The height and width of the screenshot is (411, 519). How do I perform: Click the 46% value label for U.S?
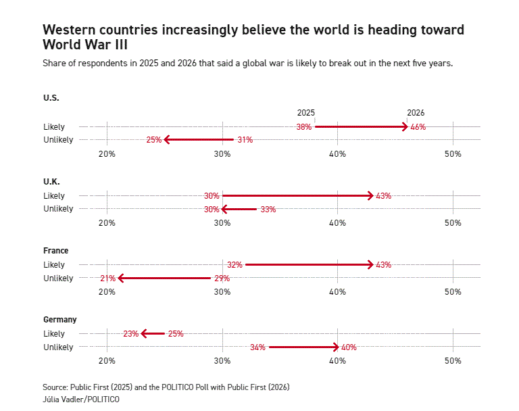click(418, 127)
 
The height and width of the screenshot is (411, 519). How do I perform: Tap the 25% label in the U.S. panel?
click(153, 140)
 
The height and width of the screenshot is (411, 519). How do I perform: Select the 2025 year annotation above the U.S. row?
click(306, 113)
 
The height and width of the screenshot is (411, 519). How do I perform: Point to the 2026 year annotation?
click(416, 113)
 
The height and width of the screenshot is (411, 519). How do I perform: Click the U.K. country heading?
click(51, 182)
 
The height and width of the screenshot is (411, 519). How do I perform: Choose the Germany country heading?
click(59, 320)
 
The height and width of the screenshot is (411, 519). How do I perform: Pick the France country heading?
click(55, 251)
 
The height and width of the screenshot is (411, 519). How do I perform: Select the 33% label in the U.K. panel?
click(268, 210)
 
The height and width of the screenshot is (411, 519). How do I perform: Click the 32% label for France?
click(234, 265)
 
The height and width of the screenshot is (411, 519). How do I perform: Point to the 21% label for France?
click(107, 278)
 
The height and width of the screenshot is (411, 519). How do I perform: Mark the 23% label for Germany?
click(130, 334)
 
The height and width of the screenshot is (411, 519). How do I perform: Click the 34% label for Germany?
click(257, 347)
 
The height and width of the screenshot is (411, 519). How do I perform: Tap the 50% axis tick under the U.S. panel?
click(453, 154)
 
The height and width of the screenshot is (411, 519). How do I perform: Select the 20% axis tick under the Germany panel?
click(107, 361)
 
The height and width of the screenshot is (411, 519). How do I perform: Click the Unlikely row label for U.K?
click(58, 209)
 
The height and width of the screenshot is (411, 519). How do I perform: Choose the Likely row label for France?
click(54, 264)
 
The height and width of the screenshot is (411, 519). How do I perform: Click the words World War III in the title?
click(84, 45)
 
